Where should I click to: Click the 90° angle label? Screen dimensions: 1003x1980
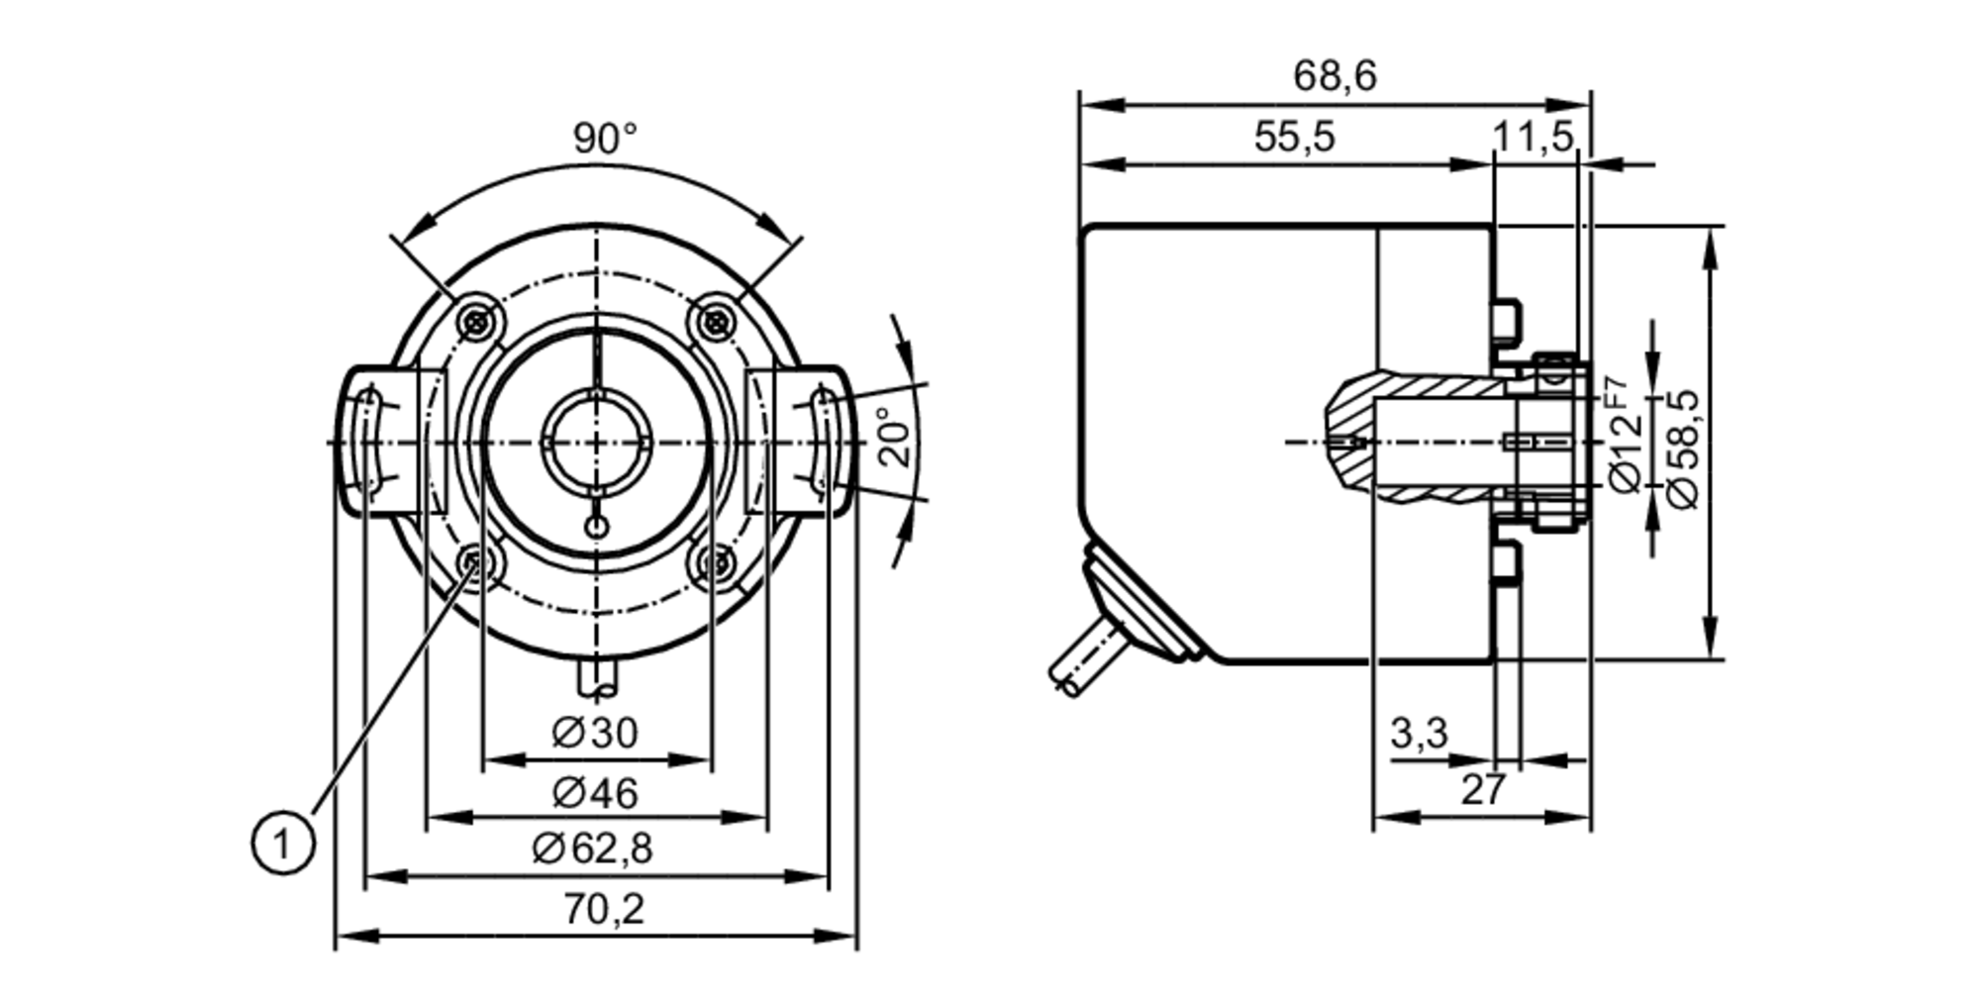click(x=605, y=139)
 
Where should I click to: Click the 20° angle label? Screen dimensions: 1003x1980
click(x=894, y=437)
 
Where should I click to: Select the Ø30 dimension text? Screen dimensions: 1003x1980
click(x=595, y=733)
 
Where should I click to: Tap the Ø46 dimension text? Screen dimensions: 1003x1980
click(x=595, y=792)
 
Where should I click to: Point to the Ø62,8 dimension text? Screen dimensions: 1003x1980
click(x=592, y=849)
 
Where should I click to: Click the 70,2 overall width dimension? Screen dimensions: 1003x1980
click(x=604, y=909)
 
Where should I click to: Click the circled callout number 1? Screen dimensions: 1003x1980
click(x=283, y=844)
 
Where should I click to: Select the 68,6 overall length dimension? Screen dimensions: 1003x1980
click(x=1335, y=76)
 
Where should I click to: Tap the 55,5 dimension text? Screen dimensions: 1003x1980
click(x=1294, y=137)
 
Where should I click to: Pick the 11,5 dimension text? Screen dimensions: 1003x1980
click(x=1533, y=137)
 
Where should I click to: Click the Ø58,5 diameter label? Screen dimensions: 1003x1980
click(x=1683, y=449)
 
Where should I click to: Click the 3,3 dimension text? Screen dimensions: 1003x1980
click(x=1419, y=734)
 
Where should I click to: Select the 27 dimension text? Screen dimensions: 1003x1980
click(x=1483, y=790)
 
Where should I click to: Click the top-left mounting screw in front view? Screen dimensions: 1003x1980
click(x=480, y=321)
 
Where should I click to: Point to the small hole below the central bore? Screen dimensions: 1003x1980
click(x=597, y=526)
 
